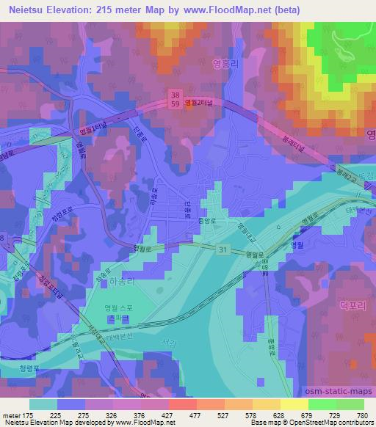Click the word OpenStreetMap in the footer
(x=325, y=423)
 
